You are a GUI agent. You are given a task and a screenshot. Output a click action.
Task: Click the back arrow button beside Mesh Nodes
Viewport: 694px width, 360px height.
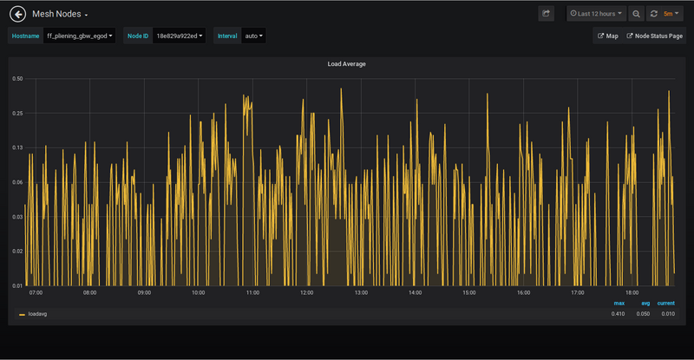coord(16,14)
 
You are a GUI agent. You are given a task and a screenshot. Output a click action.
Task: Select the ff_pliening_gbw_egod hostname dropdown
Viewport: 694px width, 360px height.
coord(80,36)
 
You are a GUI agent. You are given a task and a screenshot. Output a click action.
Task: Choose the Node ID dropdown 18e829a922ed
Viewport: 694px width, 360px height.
coord(178,36)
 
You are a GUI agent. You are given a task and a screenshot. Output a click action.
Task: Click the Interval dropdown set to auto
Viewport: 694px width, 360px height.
coord(254,36)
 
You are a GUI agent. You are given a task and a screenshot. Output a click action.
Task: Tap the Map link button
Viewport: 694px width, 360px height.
coord(607,36)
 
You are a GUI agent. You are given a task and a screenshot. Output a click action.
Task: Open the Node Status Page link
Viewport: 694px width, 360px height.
coord(655,36)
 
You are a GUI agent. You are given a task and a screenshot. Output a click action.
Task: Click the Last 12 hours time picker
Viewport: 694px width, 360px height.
coord(596,14)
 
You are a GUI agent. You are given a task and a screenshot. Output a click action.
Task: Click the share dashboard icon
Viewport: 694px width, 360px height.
coord(546,14)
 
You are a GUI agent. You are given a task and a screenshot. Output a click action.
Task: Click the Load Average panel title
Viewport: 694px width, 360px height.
coord(346,64)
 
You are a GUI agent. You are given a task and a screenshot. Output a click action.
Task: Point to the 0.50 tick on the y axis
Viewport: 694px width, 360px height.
coord(17,78)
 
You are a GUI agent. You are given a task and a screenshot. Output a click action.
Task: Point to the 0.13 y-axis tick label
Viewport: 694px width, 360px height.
coord(17,147)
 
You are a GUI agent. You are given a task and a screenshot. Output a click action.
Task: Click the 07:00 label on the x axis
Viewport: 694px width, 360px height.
coord(36,293)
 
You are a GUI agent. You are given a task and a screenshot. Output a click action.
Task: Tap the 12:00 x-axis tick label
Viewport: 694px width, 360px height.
coord(306,293)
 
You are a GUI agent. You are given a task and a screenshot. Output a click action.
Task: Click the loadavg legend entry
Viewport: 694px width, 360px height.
coord(36,314)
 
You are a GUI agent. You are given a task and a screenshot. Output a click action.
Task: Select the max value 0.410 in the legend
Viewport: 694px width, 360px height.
coord(618,314)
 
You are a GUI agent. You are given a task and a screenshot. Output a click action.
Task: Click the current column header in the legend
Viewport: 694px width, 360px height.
coord(665,304)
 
